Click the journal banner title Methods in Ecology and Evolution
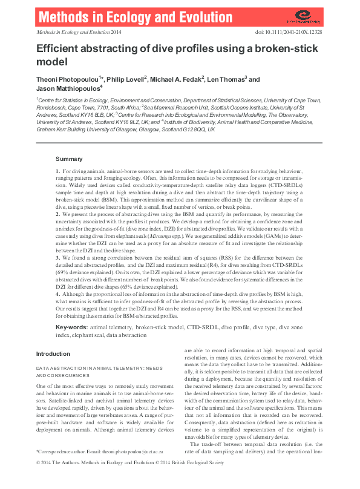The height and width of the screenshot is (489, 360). click(112, 16)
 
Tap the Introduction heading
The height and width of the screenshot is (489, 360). click(53, 353)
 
